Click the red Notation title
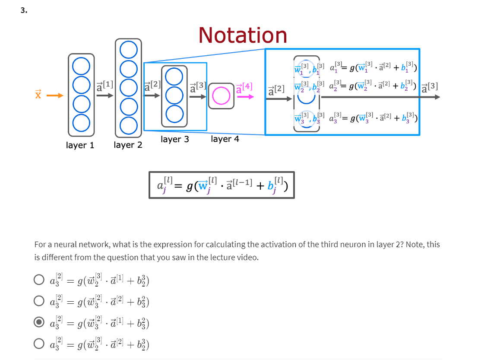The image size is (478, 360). click(x=243, y=35)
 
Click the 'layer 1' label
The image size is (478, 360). click(x=80, y=145)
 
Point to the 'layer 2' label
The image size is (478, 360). click(x=128, y=145)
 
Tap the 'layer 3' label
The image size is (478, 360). click(x=174, y=139)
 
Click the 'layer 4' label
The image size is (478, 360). click(x=225, y=139)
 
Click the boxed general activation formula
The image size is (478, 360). click(x=222, y=185)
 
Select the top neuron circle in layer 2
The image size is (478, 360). click(x=128, y=50)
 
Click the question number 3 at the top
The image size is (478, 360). click(x=23, y=10)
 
